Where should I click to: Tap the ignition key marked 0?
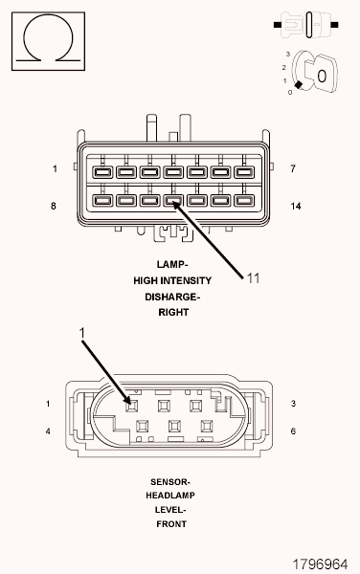click(321, 74)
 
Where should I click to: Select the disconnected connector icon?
click(306, 25)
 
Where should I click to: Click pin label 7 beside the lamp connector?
click(293, 168)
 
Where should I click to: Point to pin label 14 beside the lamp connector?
click(296, 206)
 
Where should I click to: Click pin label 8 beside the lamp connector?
click(54, 206)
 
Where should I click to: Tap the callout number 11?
click(253, 278)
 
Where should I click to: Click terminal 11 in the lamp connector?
click(173, 200)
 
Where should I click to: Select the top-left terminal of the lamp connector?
click(102, 171)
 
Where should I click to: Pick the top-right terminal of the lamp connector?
click(244, 171)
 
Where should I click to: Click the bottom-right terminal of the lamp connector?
click(244, 200)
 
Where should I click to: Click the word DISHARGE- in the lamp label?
click(172, 297)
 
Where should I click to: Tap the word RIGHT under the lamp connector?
click(173, 312)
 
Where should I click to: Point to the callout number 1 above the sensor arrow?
click(82, 333)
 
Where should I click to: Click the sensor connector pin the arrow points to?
click(132, 406)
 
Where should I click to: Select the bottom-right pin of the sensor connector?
click(207, 426)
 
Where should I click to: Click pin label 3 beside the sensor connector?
click(293, 404)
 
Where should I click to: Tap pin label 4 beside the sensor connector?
click(48, 431)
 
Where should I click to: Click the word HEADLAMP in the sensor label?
click(170, 496)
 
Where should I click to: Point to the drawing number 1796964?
click(320, 564)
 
